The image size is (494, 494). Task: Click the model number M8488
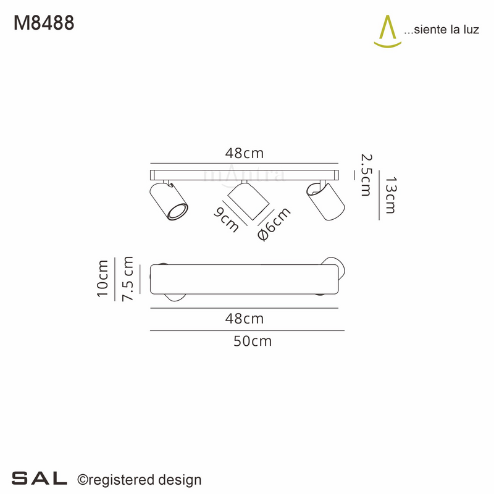click(44, 23)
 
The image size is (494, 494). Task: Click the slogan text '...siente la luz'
click(441, 30)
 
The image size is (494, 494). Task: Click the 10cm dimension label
click(103, 278)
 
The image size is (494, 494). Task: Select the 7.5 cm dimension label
click(128, 278)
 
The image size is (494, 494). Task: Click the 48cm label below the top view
click(245, 319)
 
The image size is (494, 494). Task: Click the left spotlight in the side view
click(167, 202)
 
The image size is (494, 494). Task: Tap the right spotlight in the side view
click(325, 201)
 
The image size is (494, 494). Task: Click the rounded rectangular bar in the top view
click(245, 279)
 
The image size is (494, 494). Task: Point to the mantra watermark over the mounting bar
click(245, 174)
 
